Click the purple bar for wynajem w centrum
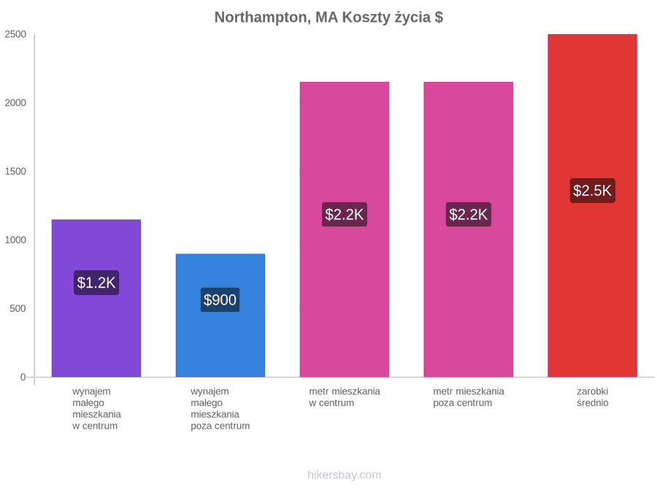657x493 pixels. (96, 298)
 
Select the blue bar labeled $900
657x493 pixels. (220, 316)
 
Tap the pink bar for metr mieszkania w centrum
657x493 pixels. (345, 229)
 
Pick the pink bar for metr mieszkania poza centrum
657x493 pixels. (469, 229)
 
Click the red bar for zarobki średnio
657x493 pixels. (593, 205)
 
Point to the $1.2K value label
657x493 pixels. (96, 283)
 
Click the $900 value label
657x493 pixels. (220, 299)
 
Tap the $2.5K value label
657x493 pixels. (593, 191)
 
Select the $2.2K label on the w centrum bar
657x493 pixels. (345, 215)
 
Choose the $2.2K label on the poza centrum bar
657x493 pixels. (469, 215)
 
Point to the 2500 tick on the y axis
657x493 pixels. (15, 34)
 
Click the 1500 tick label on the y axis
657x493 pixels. (15, 171)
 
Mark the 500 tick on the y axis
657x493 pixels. (18, 308)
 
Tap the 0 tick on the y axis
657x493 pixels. (23, 377)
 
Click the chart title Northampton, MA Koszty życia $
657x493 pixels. (328, 18)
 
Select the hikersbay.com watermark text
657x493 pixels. (345, 475)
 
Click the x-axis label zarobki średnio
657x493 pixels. (593, 397)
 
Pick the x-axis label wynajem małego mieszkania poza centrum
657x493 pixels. (220, 409)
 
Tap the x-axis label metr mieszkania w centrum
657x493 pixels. (345, 397)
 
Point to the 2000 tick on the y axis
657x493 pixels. (15, 103)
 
